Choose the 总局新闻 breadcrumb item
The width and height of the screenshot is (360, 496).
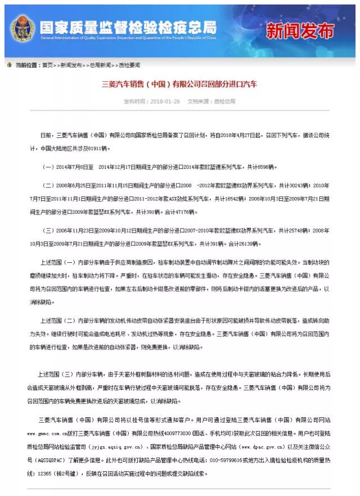click(100, 65)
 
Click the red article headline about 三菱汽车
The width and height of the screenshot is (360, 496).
click(179, 84)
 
